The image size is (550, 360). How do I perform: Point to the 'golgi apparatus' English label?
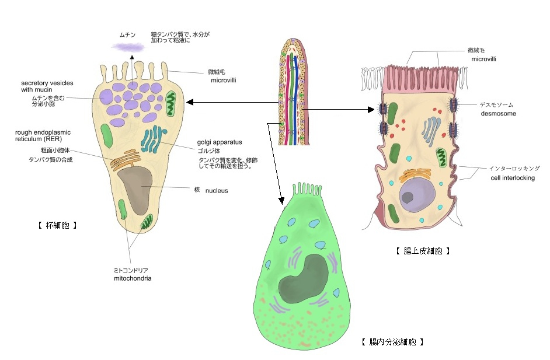tap(220, 142)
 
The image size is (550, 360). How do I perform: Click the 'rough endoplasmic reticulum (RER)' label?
tap(42, 136)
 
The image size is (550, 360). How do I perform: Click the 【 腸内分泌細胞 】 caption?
tap(392, 341)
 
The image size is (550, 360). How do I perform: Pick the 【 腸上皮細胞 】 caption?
tap(423, 251)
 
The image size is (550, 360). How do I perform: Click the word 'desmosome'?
tap(497, 114)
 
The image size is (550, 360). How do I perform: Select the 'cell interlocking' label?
tap(513, 178)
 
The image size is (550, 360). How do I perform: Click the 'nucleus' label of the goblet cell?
tap(216, 190)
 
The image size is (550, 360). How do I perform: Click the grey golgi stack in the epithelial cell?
tap(431, 128)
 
